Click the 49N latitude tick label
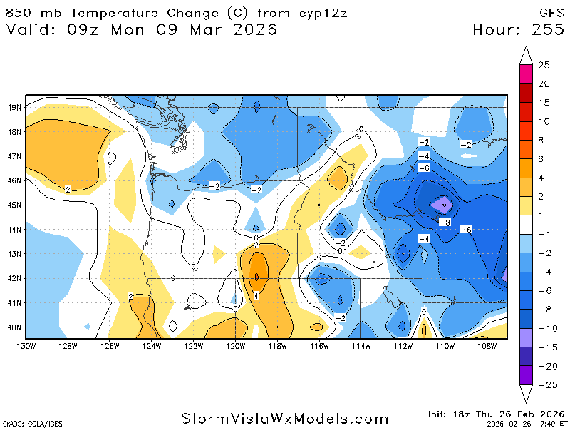[14, 107]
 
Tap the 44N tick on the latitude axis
[14, 229]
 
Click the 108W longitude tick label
[487, 347]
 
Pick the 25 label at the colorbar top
[544, 65]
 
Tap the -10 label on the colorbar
[544, 329]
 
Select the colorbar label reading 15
[544, 102]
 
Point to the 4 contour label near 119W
[255, 295]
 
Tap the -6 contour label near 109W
[466, 229]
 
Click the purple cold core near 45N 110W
[442, 205]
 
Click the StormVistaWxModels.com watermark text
[285, 419]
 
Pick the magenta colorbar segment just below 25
[526, 74]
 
